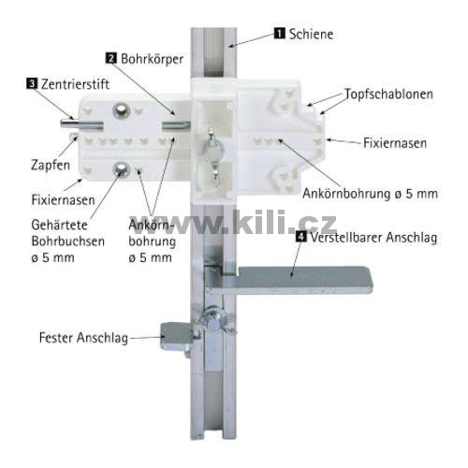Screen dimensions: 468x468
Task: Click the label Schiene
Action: [311, 34]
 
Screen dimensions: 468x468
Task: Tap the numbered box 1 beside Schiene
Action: [280, 33]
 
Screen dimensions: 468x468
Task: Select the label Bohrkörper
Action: [152, 59]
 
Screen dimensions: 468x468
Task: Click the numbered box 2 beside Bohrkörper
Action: [111, 58]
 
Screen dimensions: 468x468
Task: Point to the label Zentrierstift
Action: [75, 84]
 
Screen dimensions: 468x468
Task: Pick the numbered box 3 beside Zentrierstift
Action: [32, 83]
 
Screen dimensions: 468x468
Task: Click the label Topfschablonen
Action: [388, 95]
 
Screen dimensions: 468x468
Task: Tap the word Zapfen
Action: [51, 165]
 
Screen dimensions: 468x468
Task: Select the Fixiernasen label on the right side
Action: [395, 143]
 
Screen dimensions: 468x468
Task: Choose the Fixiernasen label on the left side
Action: [63, 200]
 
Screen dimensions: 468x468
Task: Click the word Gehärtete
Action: [59, 225]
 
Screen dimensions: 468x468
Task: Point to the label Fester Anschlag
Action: [83, 338]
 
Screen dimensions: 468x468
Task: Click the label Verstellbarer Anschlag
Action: [373, 238]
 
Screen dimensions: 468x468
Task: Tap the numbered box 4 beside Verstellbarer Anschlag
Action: [300, 237]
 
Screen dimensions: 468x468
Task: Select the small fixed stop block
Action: [175, 337]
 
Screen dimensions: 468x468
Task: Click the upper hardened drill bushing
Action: [121, 110]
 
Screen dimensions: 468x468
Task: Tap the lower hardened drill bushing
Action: [122, 170]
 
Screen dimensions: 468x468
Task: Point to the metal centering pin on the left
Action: [81, 124]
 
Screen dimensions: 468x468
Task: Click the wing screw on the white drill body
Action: [214, 153]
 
